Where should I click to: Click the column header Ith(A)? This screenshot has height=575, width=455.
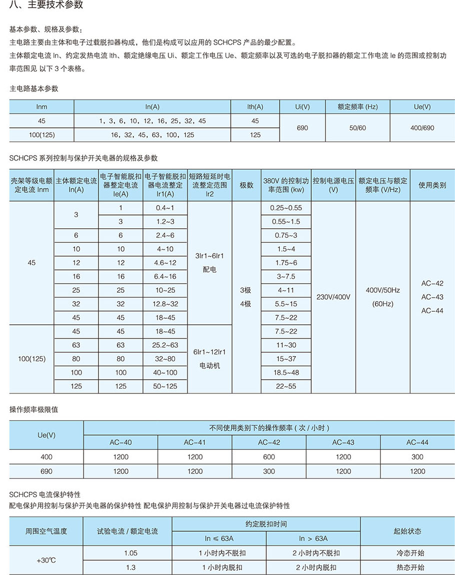tap(255, 107)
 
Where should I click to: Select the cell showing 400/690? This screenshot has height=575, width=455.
tap(422, 128)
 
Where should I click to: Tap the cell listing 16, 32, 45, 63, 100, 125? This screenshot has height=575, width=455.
tap(152, 135)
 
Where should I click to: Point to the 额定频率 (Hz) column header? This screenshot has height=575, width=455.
tap(357, 107)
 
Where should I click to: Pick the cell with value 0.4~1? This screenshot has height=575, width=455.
tap(165, 208)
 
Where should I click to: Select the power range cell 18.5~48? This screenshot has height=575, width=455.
tap(285, 372)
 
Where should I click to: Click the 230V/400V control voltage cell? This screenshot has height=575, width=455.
tap(333, 297)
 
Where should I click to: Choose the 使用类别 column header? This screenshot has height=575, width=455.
tap(432, 185)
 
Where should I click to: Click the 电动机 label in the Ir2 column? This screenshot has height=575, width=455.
tap(210, 366)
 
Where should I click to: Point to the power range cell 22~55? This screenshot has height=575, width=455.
tap(285, 386)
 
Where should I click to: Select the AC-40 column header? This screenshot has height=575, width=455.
tap(120, 442)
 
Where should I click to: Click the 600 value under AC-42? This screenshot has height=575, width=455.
tap(269, 456)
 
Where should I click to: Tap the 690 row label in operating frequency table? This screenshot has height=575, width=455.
tap(46, 471)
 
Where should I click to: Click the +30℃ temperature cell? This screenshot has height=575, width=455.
tap(46, 560)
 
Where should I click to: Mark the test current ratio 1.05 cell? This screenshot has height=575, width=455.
tap(130, 553)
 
